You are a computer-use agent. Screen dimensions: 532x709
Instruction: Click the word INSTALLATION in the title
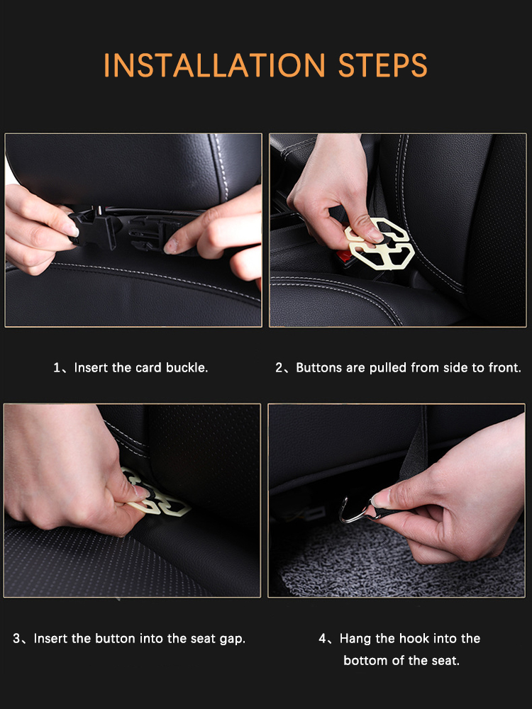pyautogui.click(x=214, y=65)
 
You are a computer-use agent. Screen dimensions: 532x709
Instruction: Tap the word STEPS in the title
pyautogui.click(x=383, y=65)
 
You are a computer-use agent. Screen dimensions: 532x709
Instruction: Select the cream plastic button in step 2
pyautogui.click(x=380, y=243)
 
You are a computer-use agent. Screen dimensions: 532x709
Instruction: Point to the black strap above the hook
pyautogui.click(x=414, y=457)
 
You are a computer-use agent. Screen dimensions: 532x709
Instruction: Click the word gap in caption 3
pyautogui.click(x=233, y=640)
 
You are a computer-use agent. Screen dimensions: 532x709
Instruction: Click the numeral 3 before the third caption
pyautogui.click(x=16, y=639)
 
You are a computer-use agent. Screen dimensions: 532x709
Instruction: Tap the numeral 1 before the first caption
pyautogui.click(x=57, y=367)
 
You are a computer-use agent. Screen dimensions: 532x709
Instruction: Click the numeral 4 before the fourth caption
pyautogui.click(x=323, y=639)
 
